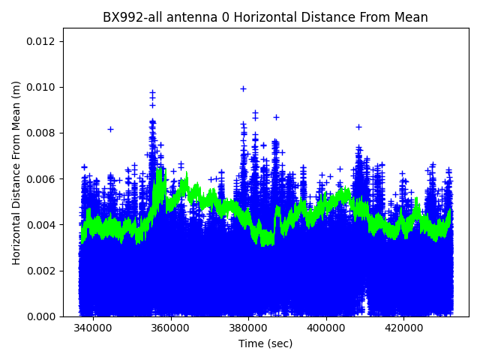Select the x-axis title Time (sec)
pos(265,343)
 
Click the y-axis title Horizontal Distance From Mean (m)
pos(16,172)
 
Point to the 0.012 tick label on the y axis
pos(41,41)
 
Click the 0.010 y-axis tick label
pos(41,87)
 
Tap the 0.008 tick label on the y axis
pos(41,133)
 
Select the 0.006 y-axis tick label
pos(41,179)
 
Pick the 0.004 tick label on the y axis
pos(41,225)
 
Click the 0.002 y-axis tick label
pos(41,271)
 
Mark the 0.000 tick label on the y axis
pos(41,316)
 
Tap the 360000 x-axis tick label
pos(171,328)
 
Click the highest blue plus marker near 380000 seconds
pos(243,88)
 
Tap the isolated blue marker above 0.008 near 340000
pos(110,129)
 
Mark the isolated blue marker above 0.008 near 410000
pos(358,127)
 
